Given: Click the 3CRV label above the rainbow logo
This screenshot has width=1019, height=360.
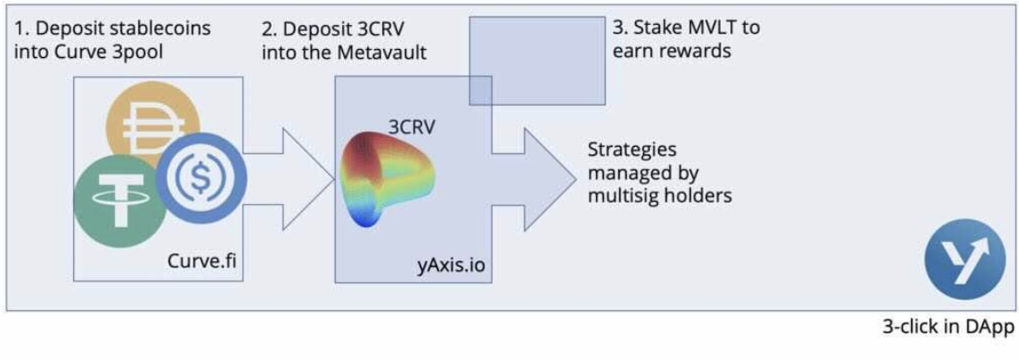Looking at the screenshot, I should [411, 127].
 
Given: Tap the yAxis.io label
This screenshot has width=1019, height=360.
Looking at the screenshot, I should [452, 265].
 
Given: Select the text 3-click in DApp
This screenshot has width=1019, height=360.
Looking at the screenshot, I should [948, 327].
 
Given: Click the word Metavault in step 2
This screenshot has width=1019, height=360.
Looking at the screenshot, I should [382, 53].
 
